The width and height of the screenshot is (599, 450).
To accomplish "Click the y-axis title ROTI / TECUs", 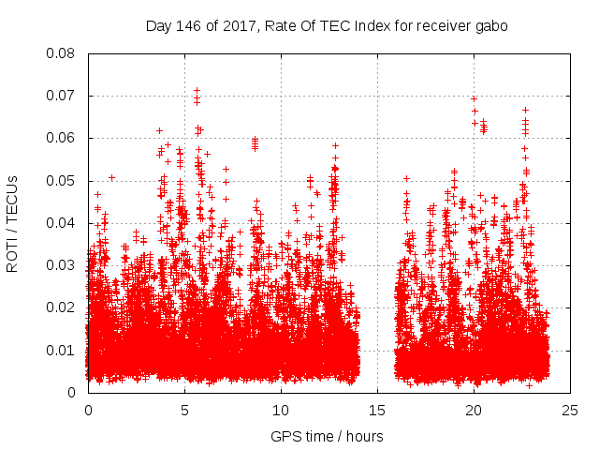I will [13, 223].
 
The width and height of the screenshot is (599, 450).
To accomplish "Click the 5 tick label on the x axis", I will [184, 410].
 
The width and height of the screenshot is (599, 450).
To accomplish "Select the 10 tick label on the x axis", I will [281, 410].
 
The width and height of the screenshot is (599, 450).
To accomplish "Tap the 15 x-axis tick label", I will [378, 410].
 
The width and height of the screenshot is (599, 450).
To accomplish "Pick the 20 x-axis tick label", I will [475, 410].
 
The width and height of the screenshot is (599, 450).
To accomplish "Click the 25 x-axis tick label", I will [571, 410].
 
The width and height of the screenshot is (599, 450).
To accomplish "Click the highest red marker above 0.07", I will [197, 91].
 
